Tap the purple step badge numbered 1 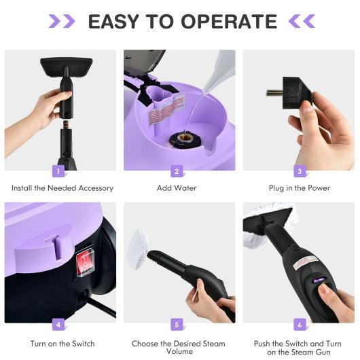60,171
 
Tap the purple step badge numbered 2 177,171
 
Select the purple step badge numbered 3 298,171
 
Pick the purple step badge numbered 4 60,325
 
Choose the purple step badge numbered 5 177,325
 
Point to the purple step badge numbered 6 298,325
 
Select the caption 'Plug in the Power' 299,188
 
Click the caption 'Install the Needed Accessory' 62,188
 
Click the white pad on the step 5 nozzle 139,242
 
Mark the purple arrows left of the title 62,21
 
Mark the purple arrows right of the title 302,21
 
